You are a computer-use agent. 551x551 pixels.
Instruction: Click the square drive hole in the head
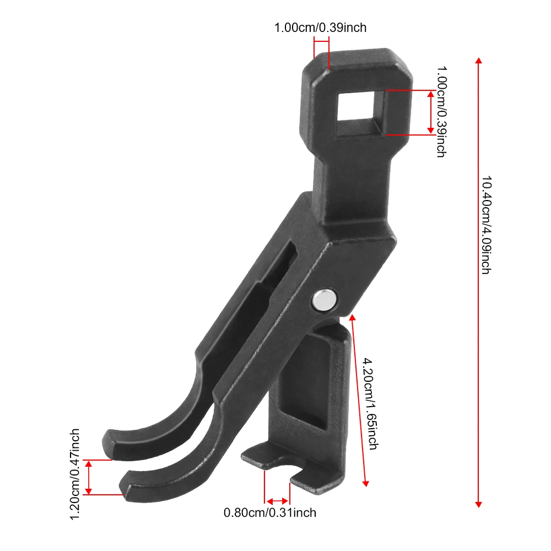361,113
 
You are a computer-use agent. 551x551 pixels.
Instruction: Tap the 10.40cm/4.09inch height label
485,226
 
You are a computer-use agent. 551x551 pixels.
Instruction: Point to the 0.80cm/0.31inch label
270,513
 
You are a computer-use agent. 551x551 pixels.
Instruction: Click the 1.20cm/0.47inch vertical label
76,473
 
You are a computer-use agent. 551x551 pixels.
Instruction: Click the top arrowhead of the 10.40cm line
478,60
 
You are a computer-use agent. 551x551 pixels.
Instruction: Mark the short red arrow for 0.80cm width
277,501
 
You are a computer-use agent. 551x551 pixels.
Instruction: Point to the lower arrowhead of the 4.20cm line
365,483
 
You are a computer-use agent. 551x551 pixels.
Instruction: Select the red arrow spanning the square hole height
431,112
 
